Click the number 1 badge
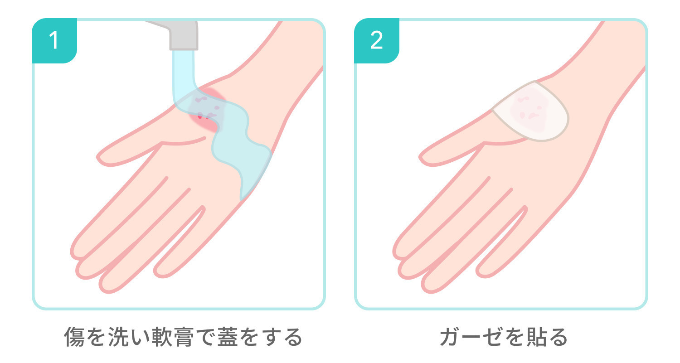pyautogui.click(x=54, y=41)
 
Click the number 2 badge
pyautogui.click(x=377, y=41)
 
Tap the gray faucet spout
pyautogui.click(x=179, y=34)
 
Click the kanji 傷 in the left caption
pyautogui.click(x=74, y=337)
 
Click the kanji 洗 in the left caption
pyautogui.click(x=118, y=337)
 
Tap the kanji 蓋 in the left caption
pyautogui.click(x=228, y=337)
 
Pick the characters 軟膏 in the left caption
pyautogui.click(x=173, y=337)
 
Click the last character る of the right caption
pyautogui.click(x=558, y=337)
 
